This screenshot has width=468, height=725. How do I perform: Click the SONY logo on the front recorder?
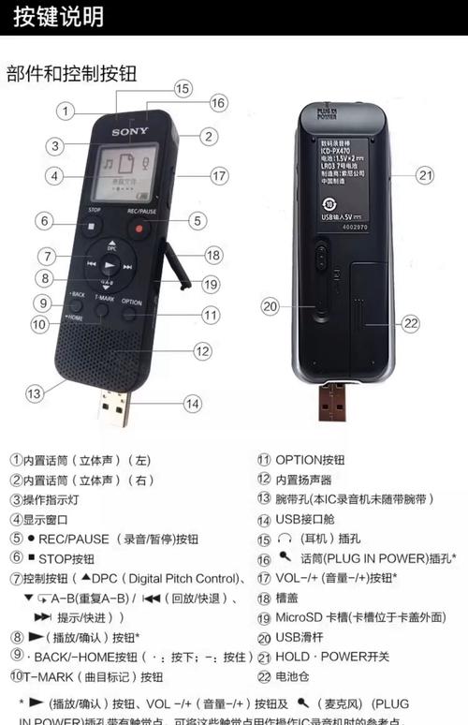130,132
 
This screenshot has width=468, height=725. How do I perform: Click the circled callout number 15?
182,88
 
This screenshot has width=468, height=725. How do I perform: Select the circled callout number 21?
426,174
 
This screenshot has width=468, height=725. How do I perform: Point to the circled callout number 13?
35,393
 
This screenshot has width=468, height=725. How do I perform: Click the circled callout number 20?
271,305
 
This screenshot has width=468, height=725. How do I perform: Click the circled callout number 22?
410,323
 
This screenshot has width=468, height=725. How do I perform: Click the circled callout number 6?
44,221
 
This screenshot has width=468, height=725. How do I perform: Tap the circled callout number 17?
219,175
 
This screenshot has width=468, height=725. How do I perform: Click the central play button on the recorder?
110,265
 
